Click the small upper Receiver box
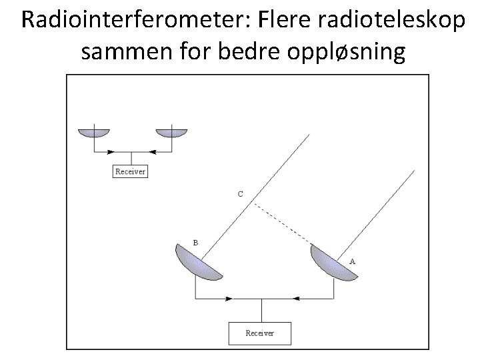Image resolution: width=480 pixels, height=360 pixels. [x=130, y=171]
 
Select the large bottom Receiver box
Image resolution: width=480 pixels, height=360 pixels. [x=259, y=332]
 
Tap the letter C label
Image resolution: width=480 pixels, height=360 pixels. [x=240, y=194]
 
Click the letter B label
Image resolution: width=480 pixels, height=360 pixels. [x=195, y=243]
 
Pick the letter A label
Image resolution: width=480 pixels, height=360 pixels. [x=352, y=261]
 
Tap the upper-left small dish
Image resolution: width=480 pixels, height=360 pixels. [x=95, y=132]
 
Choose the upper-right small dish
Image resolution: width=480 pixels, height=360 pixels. [x=171, y=132]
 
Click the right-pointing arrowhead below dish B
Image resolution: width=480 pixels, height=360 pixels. [x=229, y=298]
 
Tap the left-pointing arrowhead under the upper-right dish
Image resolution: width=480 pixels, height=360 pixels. [x=151, y=151]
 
